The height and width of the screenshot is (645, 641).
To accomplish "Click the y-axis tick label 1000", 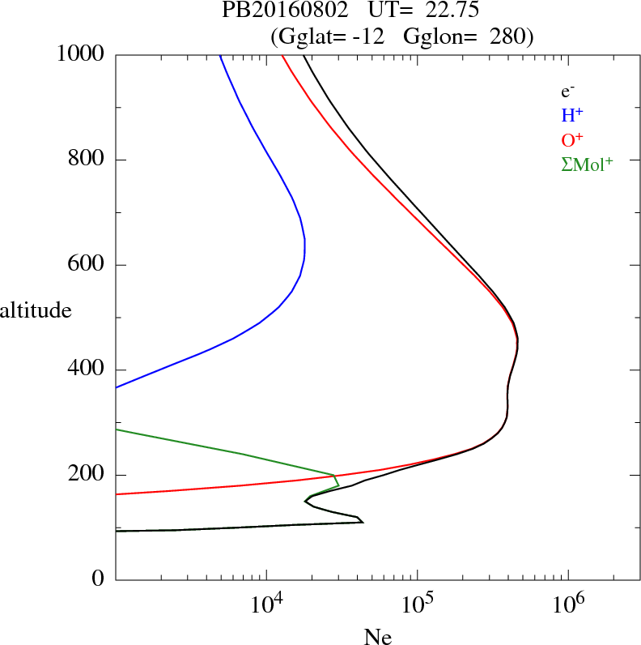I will (x=79, y=54).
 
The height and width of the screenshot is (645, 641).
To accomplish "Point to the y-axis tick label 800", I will (x=87, y=160).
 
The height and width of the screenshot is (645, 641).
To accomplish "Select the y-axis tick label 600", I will (x=87, y=265).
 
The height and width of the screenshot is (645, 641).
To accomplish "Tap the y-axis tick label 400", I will (x=87, y=370).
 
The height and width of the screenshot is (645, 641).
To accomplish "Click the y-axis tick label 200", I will (x=87, y=475).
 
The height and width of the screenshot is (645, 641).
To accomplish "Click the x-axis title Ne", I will (x=378, y=637).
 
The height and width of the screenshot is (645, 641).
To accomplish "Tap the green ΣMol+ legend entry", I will (x=587, y=164).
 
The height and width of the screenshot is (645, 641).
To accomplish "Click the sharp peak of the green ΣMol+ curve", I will (x=334, y=475).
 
